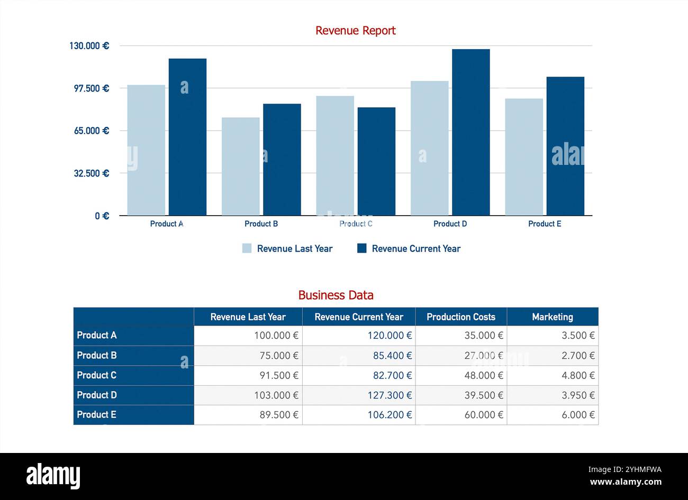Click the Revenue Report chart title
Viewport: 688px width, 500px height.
click(x=355, y=31)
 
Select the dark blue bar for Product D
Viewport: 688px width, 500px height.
click(x=470, y=132)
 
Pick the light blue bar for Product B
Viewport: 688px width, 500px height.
click(x=240, y=166)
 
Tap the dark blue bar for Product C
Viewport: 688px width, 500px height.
click(x=376, y=161)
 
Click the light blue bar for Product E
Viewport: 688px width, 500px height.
click(x=523, y=157)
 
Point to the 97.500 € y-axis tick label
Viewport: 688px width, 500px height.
click(x=89, y=88)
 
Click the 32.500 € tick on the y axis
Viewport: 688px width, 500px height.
click(x=89, y=173)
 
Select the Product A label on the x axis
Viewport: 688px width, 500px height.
click(x=167, y=224)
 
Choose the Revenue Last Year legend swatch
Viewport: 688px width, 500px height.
click(x=247, y=248)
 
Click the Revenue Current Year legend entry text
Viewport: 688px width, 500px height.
click(x=416, y=248)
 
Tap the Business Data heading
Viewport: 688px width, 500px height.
click(x=336, y=295)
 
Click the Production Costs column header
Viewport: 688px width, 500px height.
click(x=461, y=317)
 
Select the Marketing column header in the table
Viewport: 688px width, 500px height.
click(x=552, y=317)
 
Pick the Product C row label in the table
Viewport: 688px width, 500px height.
click(x=96, y=375)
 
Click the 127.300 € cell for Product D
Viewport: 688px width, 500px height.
click(x=390, y=395)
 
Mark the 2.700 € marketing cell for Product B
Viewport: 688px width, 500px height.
click(x=578, y=356)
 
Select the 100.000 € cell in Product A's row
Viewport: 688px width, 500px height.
click(x=276, y=336)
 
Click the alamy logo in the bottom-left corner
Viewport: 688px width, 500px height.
click(x=53, y=476)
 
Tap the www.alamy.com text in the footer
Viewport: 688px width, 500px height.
click(x=626, y=482)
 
